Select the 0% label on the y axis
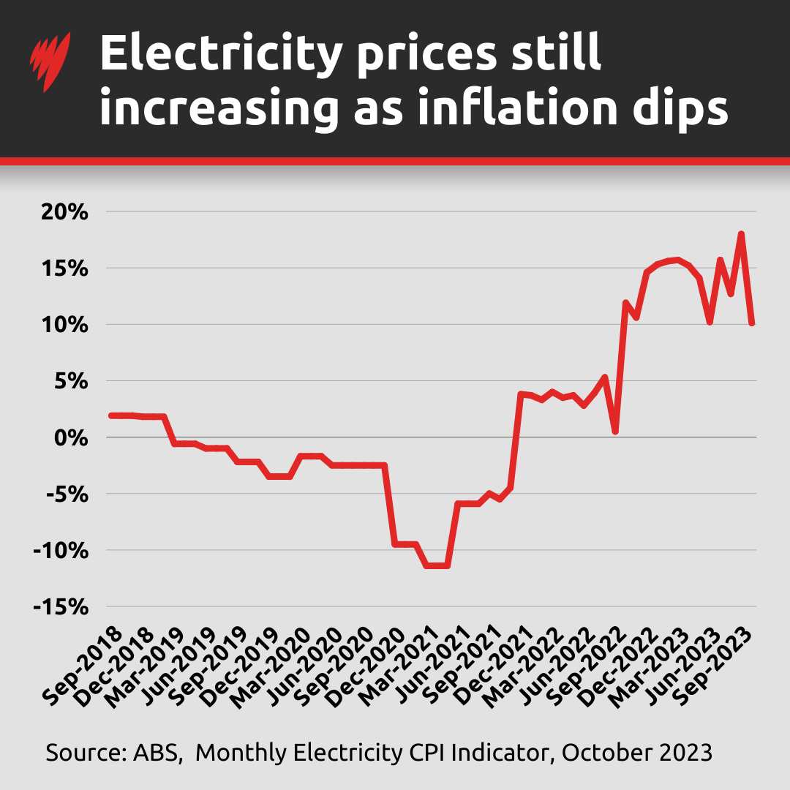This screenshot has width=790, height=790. [x=72, y=437]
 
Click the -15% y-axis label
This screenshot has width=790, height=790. [x=61, y=607]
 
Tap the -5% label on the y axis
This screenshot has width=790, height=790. [x=67, y=494]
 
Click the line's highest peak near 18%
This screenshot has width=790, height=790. [x=741, y=234]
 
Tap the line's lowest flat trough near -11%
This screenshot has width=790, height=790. [x=437, y=565]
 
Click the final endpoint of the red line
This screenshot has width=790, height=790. [x=752, y=323]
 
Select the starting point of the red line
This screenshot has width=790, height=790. [x=110, y=415]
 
